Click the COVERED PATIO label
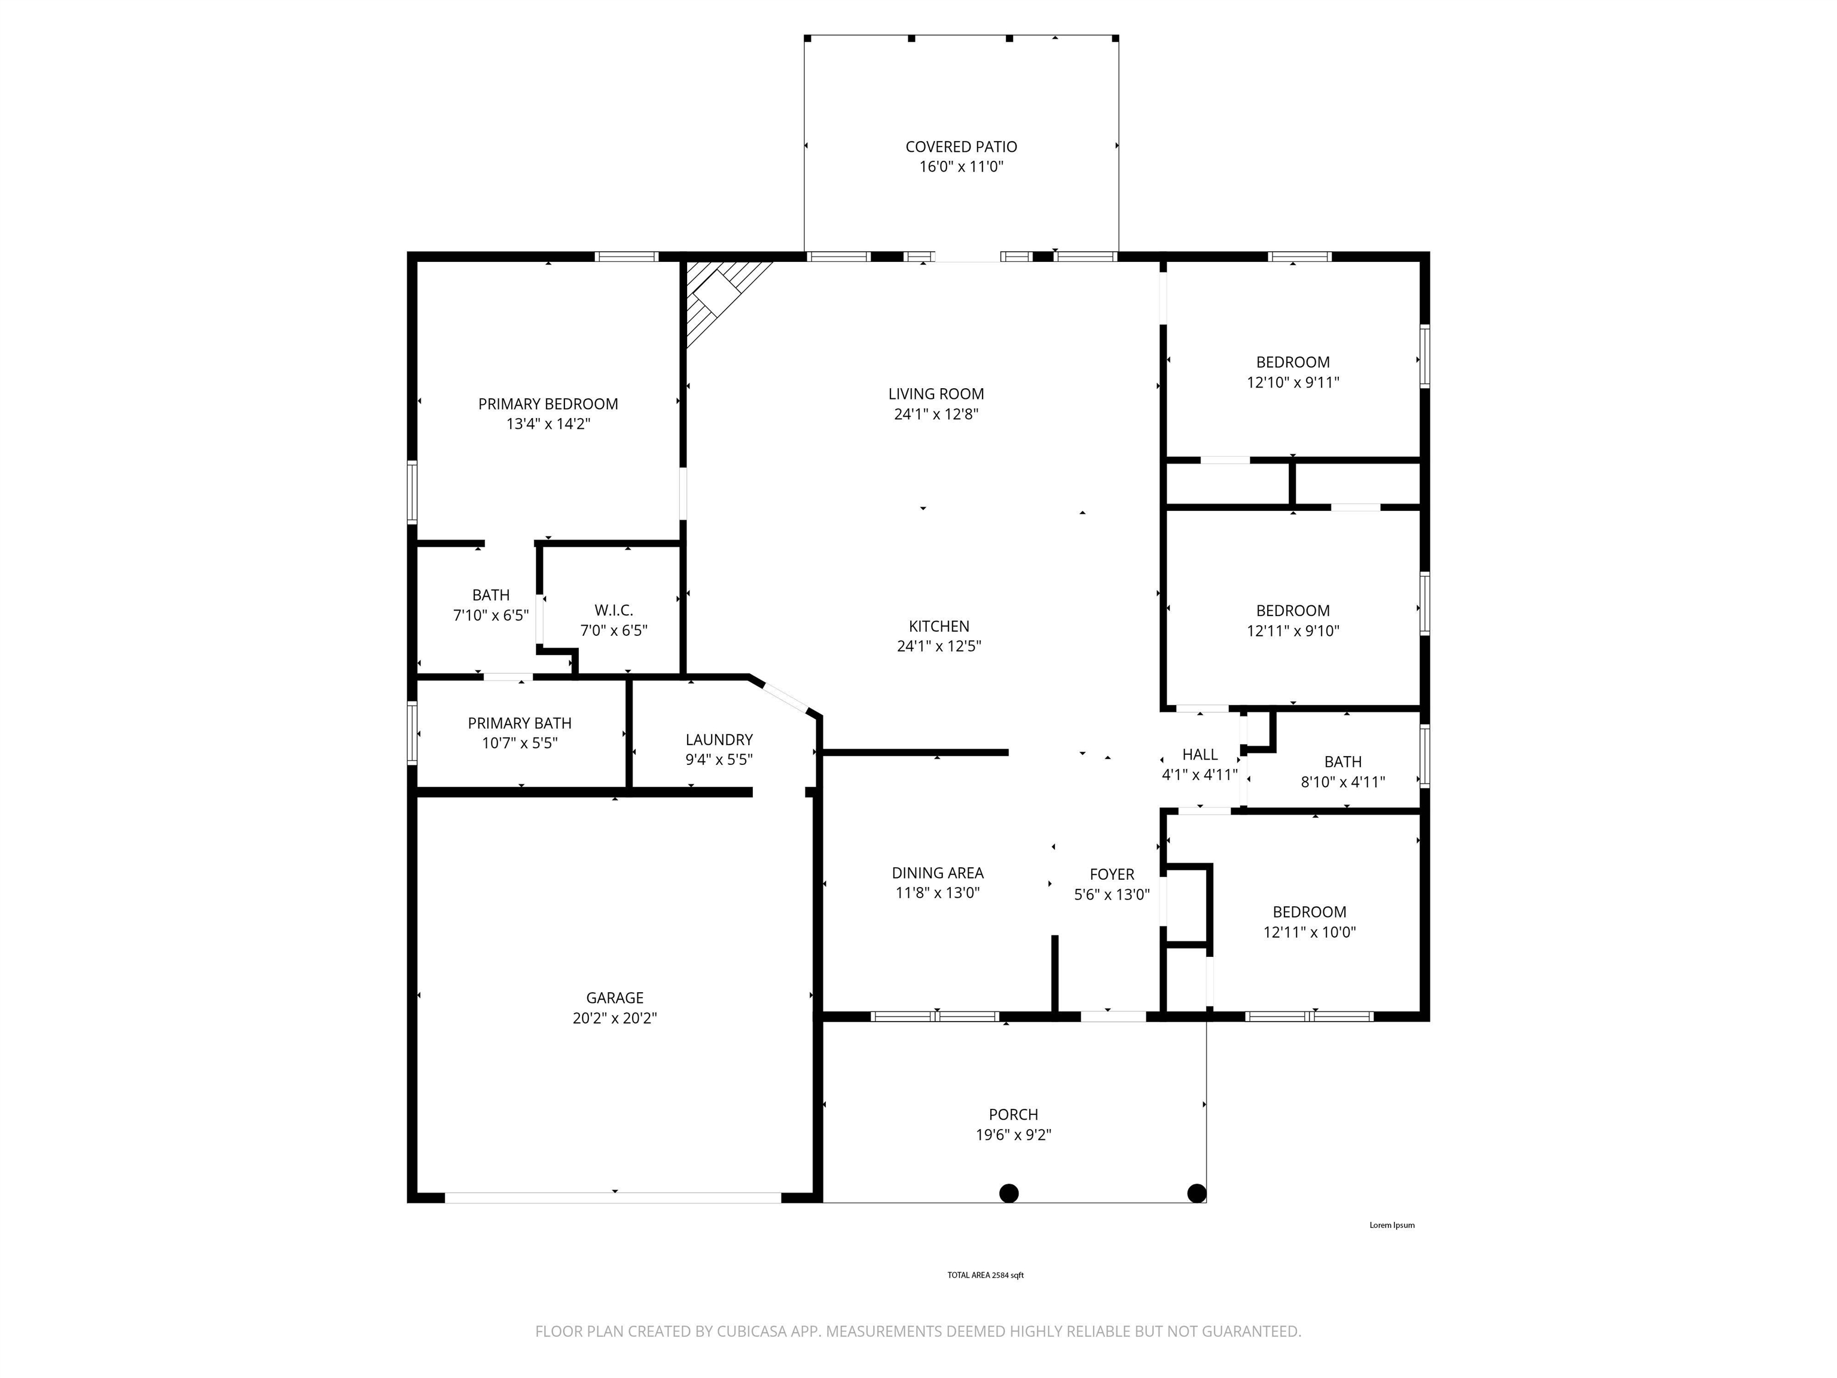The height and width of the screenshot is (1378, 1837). click(x=961, y=147)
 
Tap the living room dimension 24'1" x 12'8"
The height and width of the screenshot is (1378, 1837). click(x=936, y=414)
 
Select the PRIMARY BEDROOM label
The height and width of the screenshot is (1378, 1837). click(x=548, y=404)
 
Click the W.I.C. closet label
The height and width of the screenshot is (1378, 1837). click(x=614, y=611)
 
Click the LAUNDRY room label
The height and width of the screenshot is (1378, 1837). click(x=719, y=740)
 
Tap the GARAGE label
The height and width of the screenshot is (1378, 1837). click(x=615, y=998)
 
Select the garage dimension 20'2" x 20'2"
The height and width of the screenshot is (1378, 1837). click(x=615, y=1019)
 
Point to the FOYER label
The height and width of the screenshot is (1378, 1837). click(x=1112, y=874)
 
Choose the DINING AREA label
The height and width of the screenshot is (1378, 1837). click(x=938, y=873)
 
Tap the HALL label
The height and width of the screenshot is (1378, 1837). click(x=1200, y=754)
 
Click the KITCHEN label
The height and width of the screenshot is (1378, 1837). click(x=939, y=626)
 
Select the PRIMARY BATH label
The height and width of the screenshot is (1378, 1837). click(x=520, y=724)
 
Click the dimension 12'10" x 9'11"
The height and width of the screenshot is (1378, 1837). click(x=1293, y=383)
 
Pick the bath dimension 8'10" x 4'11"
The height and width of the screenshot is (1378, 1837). click(x=1343, y=782)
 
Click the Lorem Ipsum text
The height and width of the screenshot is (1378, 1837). click(x=1392, y=1225)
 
